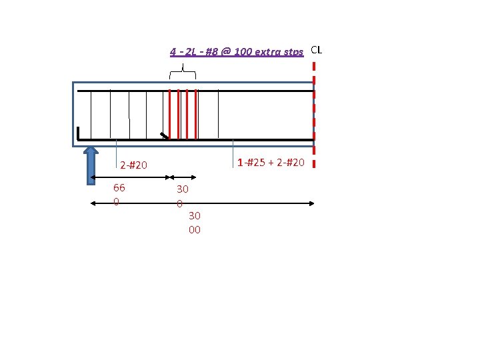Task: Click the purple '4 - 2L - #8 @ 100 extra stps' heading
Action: coord(237,51)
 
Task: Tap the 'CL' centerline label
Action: coord(316,50)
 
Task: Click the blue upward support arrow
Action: coord(91,165)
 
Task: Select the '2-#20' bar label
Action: coord(133,165)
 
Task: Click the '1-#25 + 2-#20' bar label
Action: coord(271,162)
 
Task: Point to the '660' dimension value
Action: coord(119,195)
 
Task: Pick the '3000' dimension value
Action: coord(195,223)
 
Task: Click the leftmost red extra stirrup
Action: coord(169,114)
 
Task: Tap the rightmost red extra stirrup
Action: coord(195,114)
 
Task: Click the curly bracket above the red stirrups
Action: coord(183,71)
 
